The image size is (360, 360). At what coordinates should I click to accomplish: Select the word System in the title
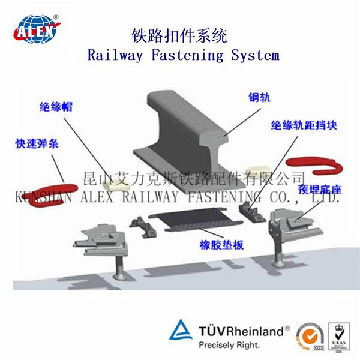257,56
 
